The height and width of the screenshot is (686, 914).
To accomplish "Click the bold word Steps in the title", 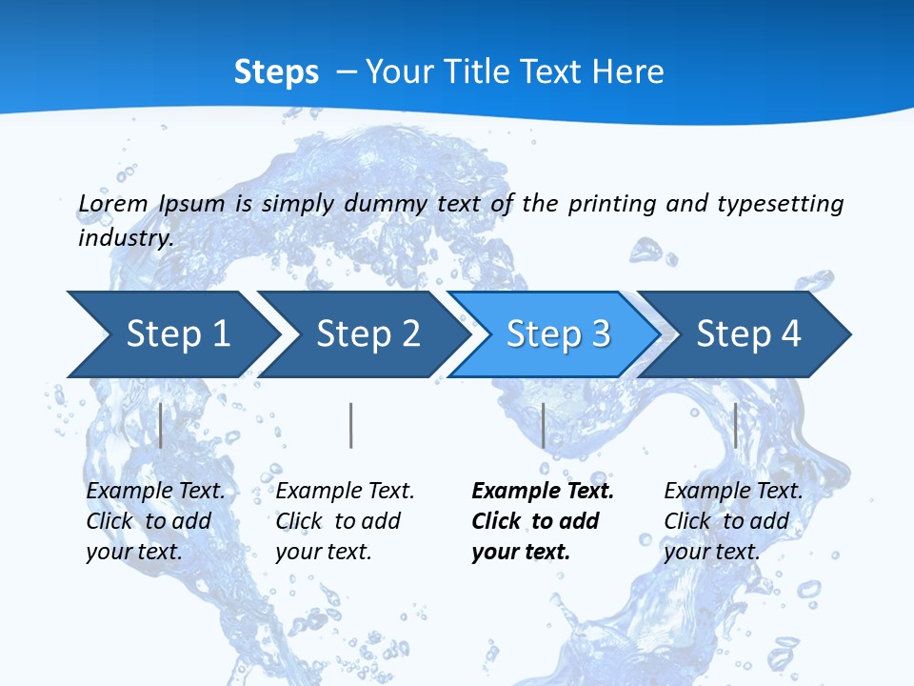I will click(276, 72).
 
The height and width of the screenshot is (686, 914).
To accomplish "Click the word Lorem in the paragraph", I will click(113, 203).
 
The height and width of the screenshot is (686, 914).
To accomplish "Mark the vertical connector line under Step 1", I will click(161, 425).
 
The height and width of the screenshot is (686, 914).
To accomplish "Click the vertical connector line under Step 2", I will click(351, 425).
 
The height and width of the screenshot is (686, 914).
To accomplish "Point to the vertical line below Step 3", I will click(543, 425).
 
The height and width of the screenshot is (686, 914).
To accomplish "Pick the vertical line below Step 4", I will click(735, 425).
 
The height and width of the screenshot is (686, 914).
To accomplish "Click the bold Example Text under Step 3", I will click(543, 491).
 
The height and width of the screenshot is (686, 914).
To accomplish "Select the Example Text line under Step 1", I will click(155, 491).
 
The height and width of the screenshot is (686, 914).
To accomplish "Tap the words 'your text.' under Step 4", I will click(711, 551).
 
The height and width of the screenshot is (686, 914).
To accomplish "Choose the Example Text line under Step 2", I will click(345, 491).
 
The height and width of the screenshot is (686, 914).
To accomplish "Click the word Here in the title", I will click(627, 72).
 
